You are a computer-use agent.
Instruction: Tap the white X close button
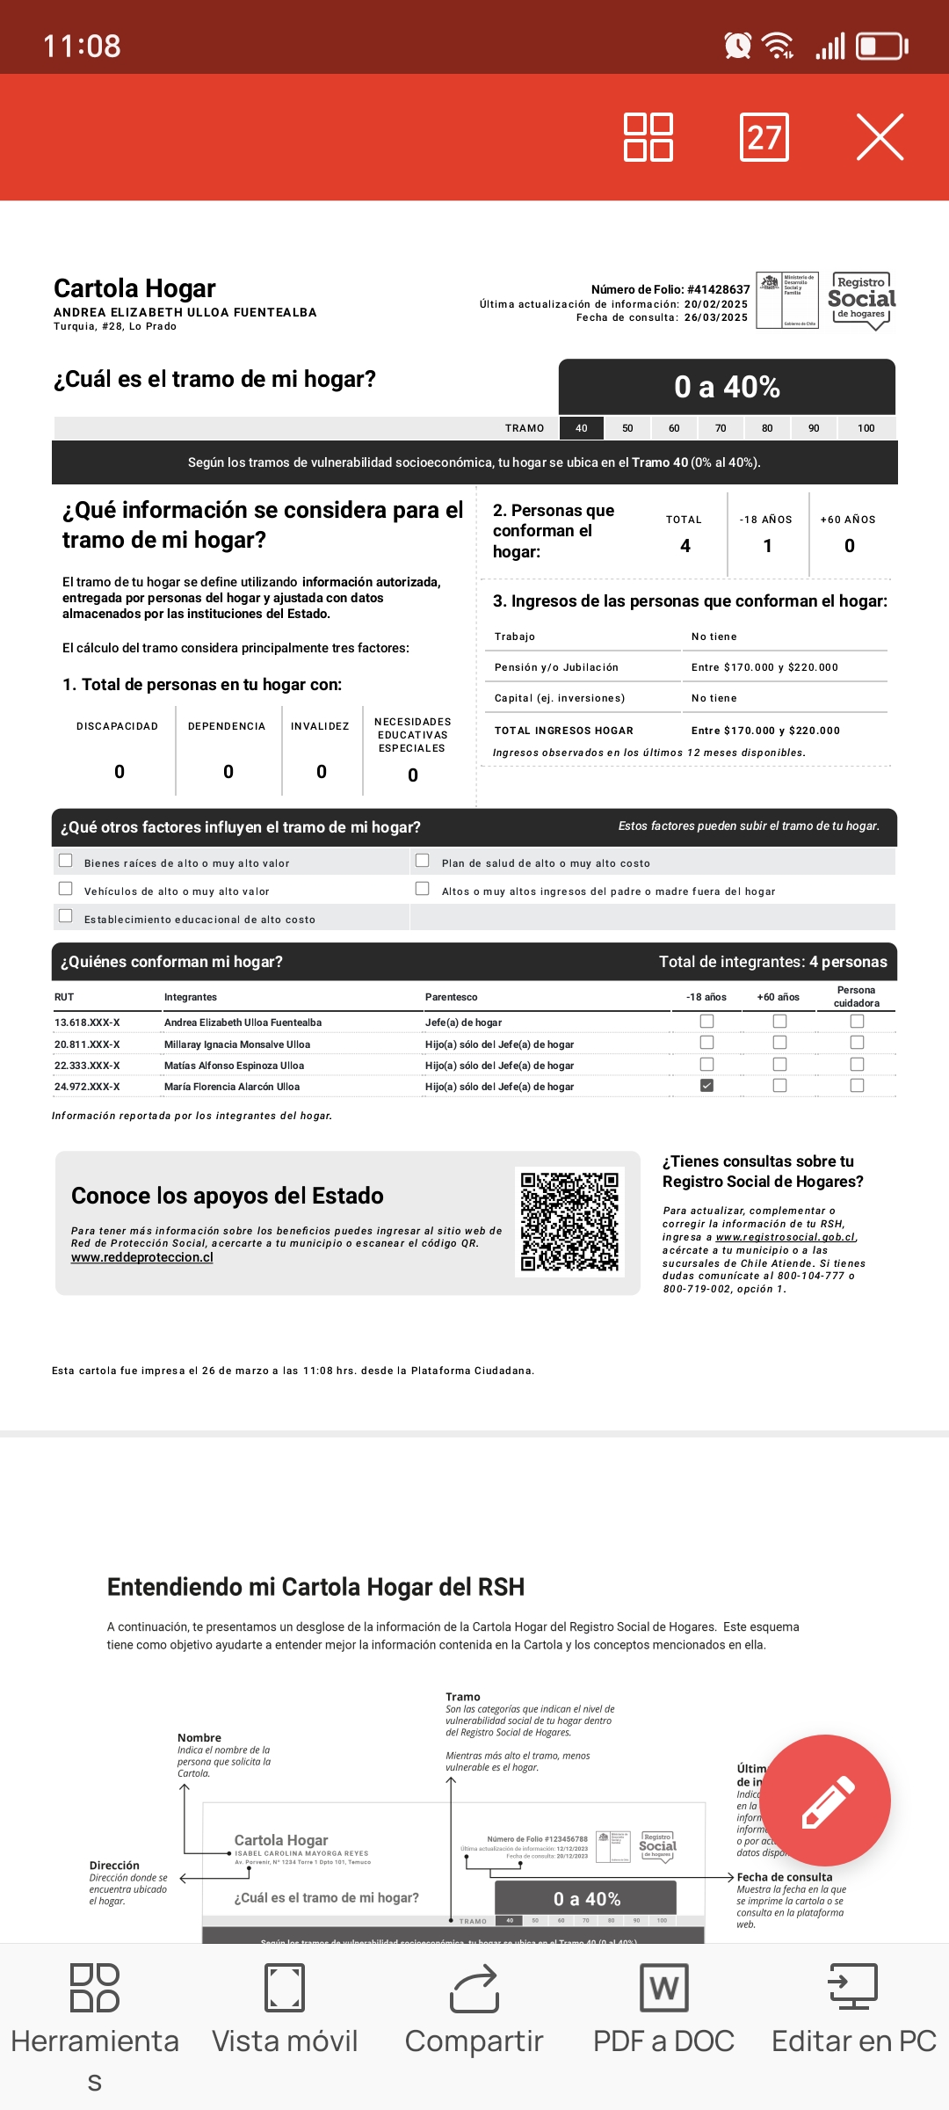(x=880, y=137)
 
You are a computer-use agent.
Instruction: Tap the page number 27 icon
(x=764, y=137)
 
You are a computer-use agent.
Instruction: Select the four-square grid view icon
(x=648, y=137)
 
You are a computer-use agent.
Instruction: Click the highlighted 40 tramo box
(x=582, y=428)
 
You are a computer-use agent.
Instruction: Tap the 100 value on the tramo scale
(x=866, y=428)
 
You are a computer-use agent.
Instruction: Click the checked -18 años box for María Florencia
(x=706, y=1086)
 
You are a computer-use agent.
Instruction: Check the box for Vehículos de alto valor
(x=66, y=889)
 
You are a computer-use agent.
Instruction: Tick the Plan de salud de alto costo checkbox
(x=423, y=861)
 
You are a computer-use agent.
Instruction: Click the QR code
(x=569, y=1221)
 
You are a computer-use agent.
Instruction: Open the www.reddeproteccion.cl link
(x=142, y=1257)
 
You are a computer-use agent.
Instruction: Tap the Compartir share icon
(x=474, y=1989)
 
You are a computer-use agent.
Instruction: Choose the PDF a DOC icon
(x=664, y=1989)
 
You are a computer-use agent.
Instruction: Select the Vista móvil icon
(x=285, y=1989)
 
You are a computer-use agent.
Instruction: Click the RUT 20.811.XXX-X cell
(x=87, y=1044)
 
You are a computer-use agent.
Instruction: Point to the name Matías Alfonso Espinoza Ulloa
(x=234, y=1066)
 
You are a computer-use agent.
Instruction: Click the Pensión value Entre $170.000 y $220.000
(x=764, y=667)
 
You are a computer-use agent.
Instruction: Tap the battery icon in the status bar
(x=881, y=46)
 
